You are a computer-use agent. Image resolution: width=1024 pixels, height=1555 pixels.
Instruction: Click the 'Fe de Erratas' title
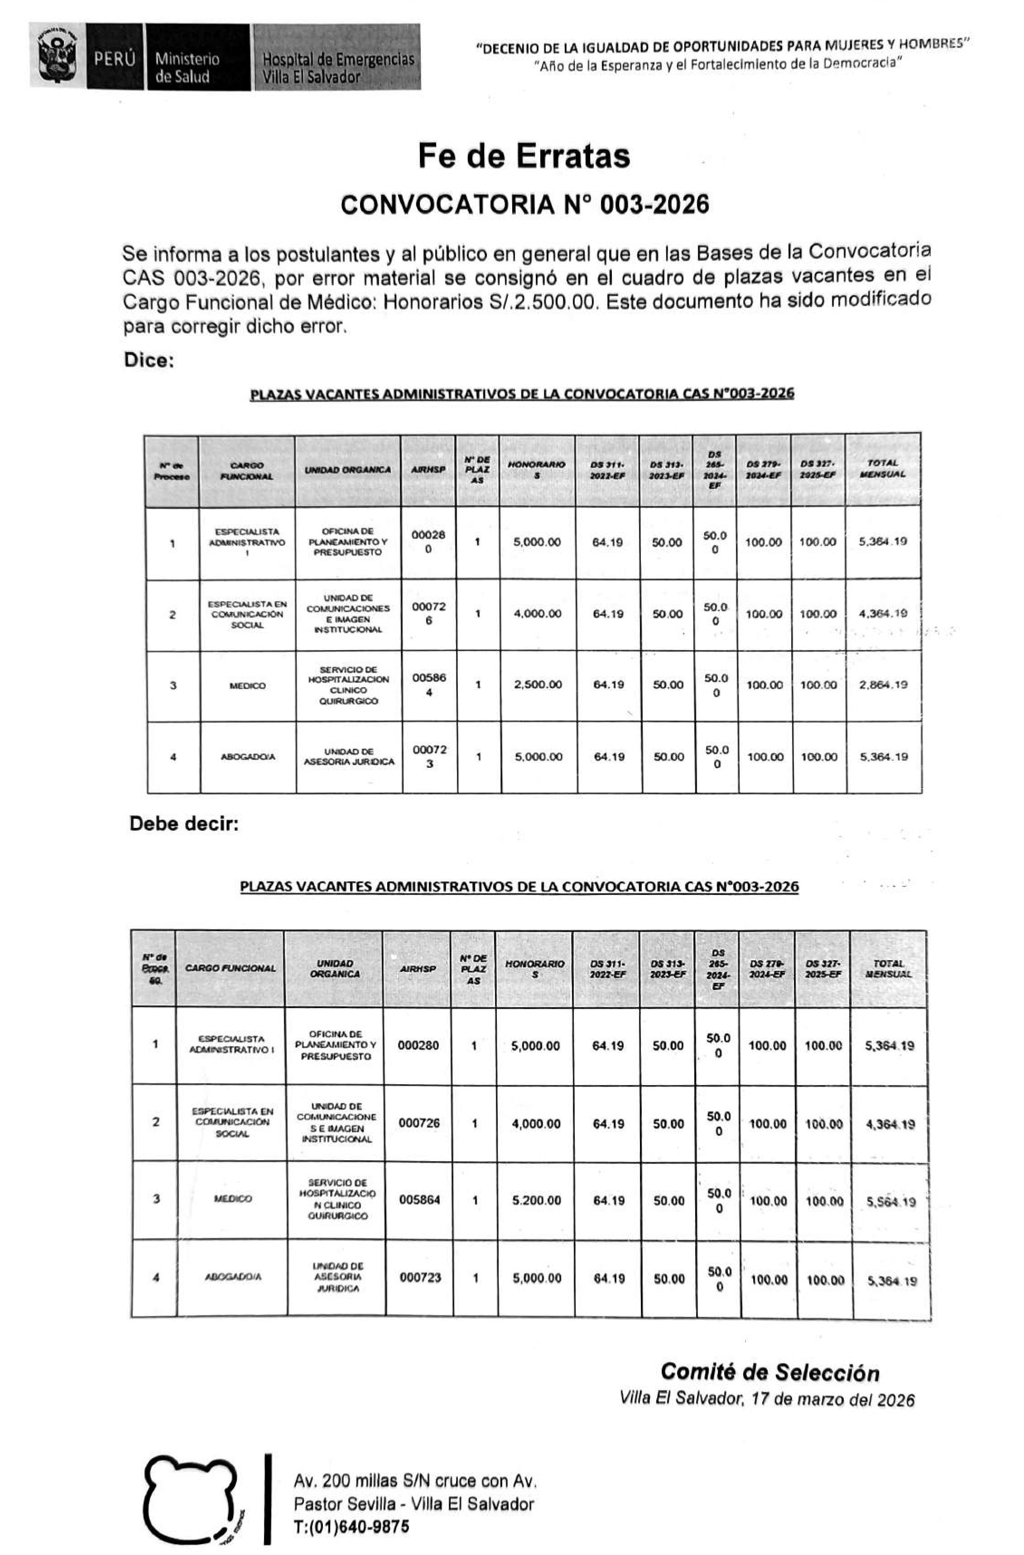[524, 156]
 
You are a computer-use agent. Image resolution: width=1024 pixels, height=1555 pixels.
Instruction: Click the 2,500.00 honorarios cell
[537, 685]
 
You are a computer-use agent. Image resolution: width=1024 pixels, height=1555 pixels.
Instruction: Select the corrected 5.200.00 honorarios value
[536, 1200]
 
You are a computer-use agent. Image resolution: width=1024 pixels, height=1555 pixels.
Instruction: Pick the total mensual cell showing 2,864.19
[883, 685]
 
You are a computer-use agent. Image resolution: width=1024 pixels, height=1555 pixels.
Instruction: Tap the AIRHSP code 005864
[419, 1200]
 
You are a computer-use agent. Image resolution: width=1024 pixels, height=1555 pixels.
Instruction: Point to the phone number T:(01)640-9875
[351, 1526]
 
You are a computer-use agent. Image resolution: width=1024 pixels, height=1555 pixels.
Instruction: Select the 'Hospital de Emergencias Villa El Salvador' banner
[337, 57]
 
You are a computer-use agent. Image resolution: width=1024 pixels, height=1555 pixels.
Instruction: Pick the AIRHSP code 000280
[418, 1045]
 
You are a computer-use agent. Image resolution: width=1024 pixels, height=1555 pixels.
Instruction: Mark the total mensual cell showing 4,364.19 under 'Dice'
[883, 613]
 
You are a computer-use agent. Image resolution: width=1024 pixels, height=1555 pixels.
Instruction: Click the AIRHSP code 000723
[420, 1277]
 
